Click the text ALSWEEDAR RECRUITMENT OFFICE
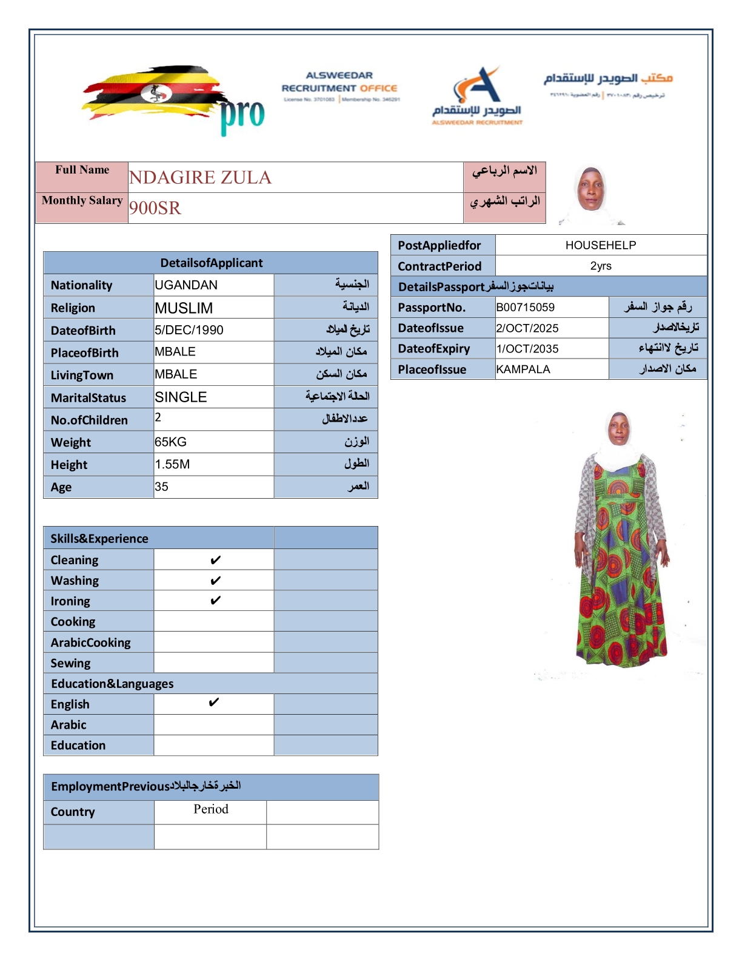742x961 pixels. click(339, 82)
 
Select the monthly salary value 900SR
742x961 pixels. click(155, 208)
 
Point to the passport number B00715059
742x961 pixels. click(526, 308)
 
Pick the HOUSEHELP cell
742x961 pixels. click(601, 245)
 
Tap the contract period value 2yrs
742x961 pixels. click(601, 266)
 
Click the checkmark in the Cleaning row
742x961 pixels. click(215, 560)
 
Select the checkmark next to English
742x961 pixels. click(213, 703)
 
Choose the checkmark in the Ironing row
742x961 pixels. click(215, 601)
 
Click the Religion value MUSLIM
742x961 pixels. click(184, 308)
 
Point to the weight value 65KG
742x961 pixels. click(171, 442)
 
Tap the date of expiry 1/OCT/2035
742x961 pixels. click(527, 349)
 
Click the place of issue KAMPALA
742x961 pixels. click(523, 369)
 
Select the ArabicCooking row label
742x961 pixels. click(91, 642)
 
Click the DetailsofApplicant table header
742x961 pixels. click(211, 263)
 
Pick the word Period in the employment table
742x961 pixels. click(211, 809)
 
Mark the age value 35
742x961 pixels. click(161, 487)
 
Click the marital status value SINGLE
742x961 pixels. click(181, 397)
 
